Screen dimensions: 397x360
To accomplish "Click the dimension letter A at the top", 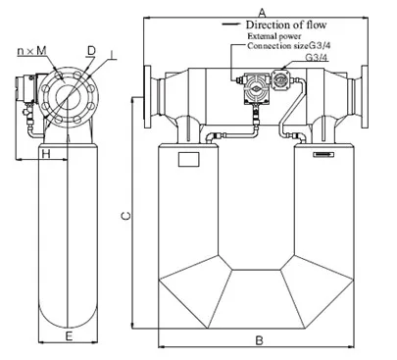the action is point(262,13).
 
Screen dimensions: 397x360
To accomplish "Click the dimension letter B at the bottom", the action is point(259,340).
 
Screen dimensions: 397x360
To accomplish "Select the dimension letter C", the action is point(126,216).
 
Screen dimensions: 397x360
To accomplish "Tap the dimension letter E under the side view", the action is point(69,335).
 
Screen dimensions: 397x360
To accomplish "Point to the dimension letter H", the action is point(46,153).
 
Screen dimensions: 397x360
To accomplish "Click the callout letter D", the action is point(91,51).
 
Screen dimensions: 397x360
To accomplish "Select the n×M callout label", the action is point(31,51).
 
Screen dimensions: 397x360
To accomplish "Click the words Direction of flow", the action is point(286,25).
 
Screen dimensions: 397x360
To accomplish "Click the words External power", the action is point(274,36).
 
